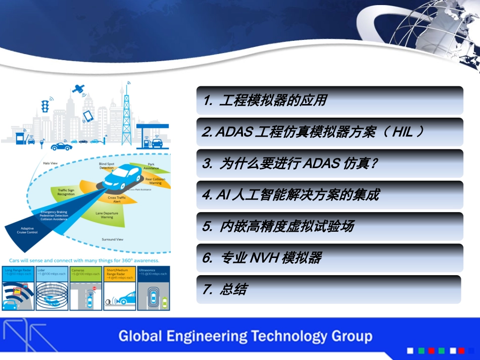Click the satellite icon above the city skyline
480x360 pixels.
pyautogui.click(x=78, y=89)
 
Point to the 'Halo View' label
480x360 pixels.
pyautogui.click(x=50, y=163)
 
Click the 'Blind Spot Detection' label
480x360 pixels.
pyautogui.click(x=107, y=166)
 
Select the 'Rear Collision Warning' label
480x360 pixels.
pyautogui.click(x=155, y=181)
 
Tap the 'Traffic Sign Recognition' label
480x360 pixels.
pyautogui.click(x=66, y=192)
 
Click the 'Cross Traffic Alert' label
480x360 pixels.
pyautogui.click(x=117, y=199)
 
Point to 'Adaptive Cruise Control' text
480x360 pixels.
pyautogui.click(x=27, y=230)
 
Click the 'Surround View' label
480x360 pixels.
pyautogui.click(x=113, y=239)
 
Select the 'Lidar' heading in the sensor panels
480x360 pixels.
pyautogui.click(x=41, y=270)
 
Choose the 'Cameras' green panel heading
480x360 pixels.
pyautogui.click(x=78, y=270)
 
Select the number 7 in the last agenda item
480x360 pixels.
pyautogui.click(x=206, y=289)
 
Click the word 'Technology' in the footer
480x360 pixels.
pyautogui.click(x=289, y=336)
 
